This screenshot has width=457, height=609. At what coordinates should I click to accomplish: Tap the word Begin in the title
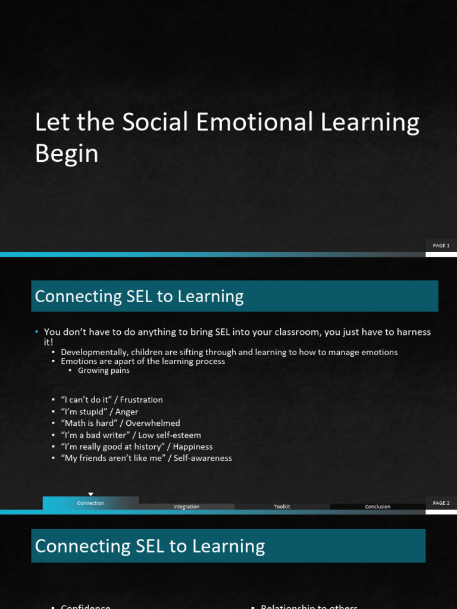(x=67, y=153)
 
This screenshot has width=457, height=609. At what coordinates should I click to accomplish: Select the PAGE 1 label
(x=441, y=246)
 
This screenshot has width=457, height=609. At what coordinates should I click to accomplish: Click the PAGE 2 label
(x=441, y=503)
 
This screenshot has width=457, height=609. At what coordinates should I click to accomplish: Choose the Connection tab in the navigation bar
(x=90, y=503)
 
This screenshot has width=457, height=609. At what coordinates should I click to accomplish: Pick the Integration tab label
(x=186, y=507)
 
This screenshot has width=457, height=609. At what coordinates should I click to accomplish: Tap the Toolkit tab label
(x=282, y=507)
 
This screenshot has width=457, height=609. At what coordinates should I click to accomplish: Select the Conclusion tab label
(x=378, y=507)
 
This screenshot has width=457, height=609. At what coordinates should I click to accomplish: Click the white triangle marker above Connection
(x=90, y=494)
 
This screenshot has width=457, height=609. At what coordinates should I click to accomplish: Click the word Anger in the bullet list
(x=127, y=412)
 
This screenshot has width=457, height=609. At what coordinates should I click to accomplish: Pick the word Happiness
(x=193, y=447)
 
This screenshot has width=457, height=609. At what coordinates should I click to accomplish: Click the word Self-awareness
(x=203, y=458)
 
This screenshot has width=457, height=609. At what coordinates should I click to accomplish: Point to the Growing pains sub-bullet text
(x=104, y=371)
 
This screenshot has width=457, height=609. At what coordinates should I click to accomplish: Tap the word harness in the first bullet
(x=414, y=332)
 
